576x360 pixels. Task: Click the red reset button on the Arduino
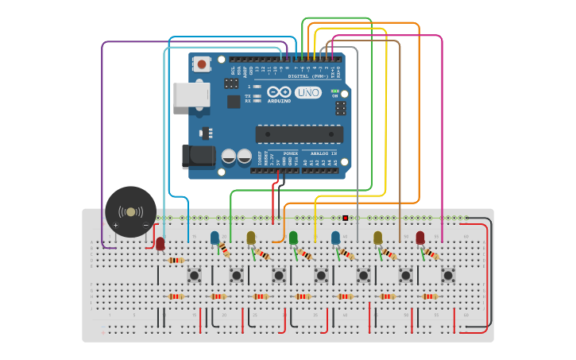pyautogui.click(x=202, y=64)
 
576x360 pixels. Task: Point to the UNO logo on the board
pyautogui.click(x=308, y=92)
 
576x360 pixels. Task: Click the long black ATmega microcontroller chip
pyautogui.click(x=299, y=134)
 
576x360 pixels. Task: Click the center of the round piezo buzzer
pyautogui.click(x=130, y=211)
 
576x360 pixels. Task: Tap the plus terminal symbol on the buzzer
pyautogui.click(x=116, y=226)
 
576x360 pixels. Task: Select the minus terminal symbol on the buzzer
pyautogui.click(x=145, y=226)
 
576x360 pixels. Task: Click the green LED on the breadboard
pyautogui.click(x=293, y=238)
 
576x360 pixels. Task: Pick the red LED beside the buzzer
pyautogui.click(x=160, y=244)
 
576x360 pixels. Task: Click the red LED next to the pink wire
pyautogui.click(x=419, y=238)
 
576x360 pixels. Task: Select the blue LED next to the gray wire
pyautogui.click(x=335, y=238)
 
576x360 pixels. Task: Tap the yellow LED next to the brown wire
pyautogui.click(x=377, y=238)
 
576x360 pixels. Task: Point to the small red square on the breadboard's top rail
pyautogui.click(x=345, y=218)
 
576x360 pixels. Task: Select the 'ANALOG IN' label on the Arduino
pyautogui.click(x=323, y=153)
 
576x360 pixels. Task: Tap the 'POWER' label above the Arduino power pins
pyautogui.click(x=291, y=153)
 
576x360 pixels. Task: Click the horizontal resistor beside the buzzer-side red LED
pyautogui.click(x=176, y=260)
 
